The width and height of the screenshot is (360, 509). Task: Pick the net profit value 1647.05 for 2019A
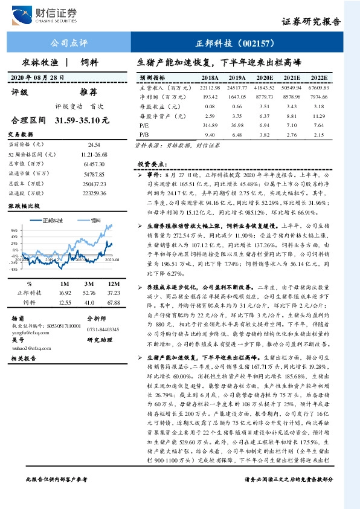237,97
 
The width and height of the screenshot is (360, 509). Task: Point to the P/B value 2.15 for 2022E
320,134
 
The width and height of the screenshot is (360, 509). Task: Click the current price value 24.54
93,145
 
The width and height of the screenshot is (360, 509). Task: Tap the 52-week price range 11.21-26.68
93,155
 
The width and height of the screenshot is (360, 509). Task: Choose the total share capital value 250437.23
93,184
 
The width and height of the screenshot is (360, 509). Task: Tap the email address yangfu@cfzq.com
30,331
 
